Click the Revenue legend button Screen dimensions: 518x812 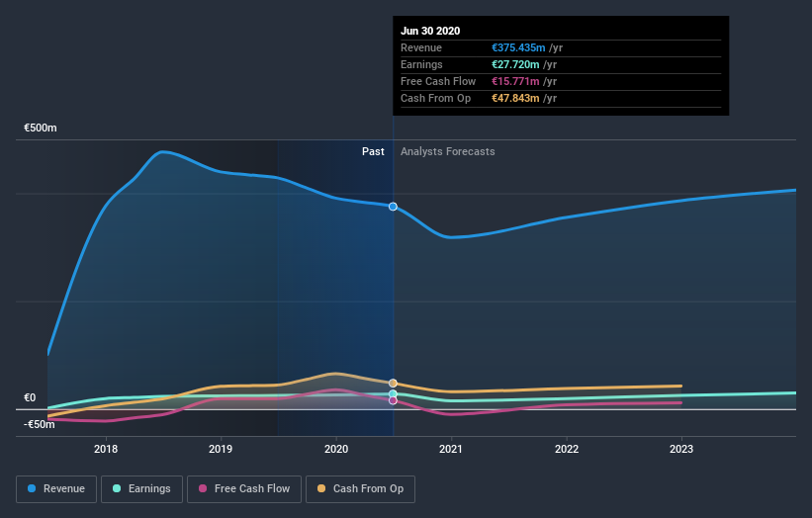click(x=57, y=488)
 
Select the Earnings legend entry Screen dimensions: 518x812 click(x=142, y=488)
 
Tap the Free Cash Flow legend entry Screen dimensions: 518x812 click(x=244, y=488)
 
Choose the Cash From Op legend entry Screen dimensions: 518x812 click(x=361, y=488)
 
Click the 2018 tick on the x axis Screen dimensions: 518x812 click(x=106, y=449)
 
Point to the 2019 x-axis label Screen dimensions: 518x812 click(x=221, y=449)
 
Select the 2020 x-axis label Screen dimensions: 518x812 click(x=336, y=449)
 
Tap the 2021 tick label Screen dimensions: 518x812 click(x=451, y=449)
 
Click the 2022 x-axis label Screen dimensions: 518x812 click(x=566, y=449)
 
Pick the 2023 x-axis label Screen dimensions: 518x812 click(x=681, y=449)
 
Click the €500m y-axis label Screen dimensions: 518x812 click(x=41, y=129)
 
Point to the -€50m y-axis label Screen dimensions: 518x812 click(x=39, y=424)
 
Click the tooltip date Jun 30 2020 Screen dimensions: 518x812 click(x=430, y=31)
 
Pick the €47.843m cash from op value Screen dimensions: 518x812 click(x=514, y=98)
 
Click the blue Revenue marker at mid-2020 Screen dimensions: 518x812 click(x=393, y=207)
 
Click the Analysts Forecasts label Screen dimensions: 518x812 click(x=447, y=151)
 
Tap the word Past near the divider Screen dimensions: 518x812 click(x=373, y=151)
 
